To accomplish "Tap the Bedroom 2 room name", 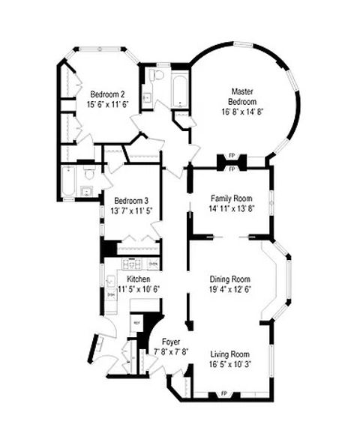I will (x=107, y=94).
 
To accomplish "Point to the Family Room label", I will (x=230, y=199).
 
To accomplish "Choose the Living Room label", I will (x=229, y=354).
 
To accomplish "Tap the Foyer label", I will (x=171, y=342).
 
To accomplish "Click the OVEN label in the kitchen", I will (x=153, y=264).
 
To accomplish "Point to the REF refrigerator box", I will (x=136, y=323).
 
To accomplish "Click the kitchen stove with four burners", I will (x=132, y=264).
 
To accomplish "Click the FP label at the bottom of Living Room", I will (x=223, y=393).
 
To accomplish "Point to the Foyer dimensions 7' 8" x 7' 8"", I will (x=171, y=351).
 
